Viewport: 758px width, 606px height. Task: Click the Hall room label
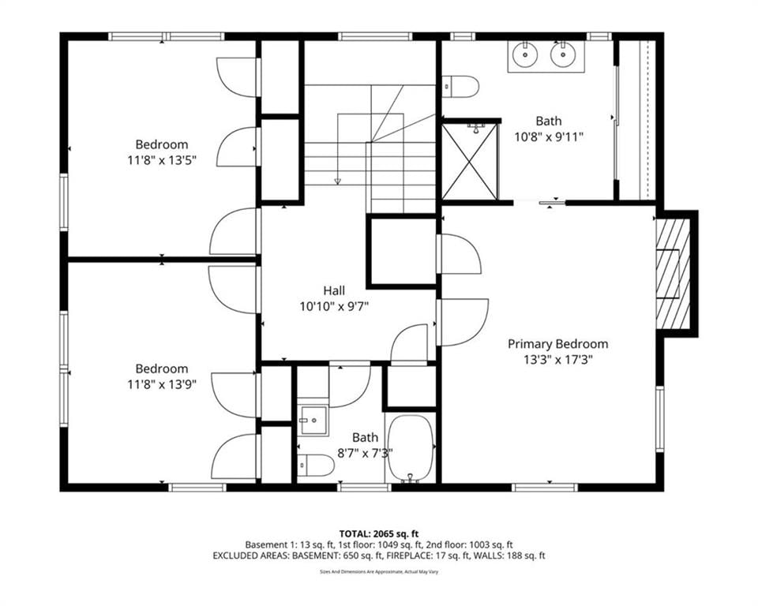tap(334, 290)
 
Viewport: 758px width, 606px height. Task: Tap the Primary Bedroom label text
tap(558, 344)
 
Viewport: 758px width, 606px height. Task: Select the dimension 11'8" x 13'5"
tap(161, 160)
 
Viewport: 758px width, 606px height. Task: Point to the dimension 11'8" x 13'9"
tap(161, 384)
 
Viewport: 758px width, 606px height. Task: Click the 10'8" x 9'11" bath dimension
tap(549, 137)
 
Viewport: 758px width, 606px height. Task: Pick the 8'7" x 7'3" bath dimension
tap(365, 453)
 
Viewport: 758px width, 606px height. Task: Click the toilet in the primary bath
tap(460, 87)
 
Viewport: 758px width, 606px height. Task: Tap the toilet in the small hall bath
tap(316, 466)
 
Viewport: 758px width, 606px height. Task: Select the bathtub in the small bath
tap(411, 447)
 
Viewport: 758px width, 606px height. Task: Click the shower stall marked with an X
tap(469, 162)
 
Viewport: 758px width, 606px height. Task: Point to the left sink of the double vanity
tap(524, 54)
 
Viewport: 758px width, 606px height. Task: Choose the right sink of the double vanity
tap(562, 54)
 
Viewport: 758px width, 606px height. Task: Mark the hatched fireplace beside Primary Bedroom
tap(673, 274)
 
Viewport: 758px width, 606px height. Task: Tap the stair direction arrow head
tap(337, 181)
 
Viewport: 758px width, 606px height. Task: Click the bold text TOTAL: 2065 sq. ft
tap(379, 534)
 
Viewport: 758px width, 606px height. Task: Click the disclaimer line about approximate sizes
tap(379, 572)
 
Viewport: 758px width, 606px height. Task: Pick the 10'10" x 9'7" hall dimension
tap(334, 306)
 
